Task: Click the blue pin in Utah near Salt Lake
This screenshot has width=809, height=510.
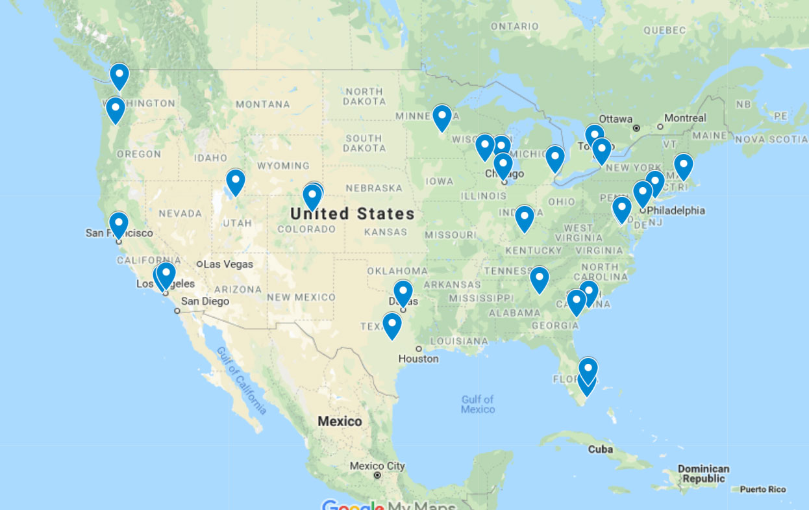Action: pos(235,181)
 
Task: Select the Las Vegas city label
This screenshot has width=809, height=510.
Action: pos(228,264)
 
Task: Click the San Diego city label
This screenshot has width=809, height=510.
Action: pos(205,301)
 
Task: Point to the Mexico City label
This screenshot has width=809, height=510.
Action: pos(377,466)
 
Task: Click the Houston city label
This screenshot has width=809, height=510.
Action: pos(418,359)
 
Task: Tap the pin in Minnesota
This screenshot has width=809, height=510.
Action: pos(442,118)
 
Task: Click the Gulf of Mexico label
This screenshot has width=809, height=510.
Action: pos(478,404)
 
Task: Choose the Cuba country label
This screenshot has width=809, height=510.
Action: pos(600,450)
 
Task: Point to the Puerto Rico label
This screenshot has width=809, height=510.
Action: pos(762,490)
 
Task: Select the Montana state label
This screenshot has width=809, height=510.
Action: pos(262,104)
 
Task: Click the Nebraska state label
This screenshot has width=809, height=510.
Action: pos(374,188)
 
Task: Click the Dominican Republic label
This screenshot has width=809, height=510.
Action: pos(703,474)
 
